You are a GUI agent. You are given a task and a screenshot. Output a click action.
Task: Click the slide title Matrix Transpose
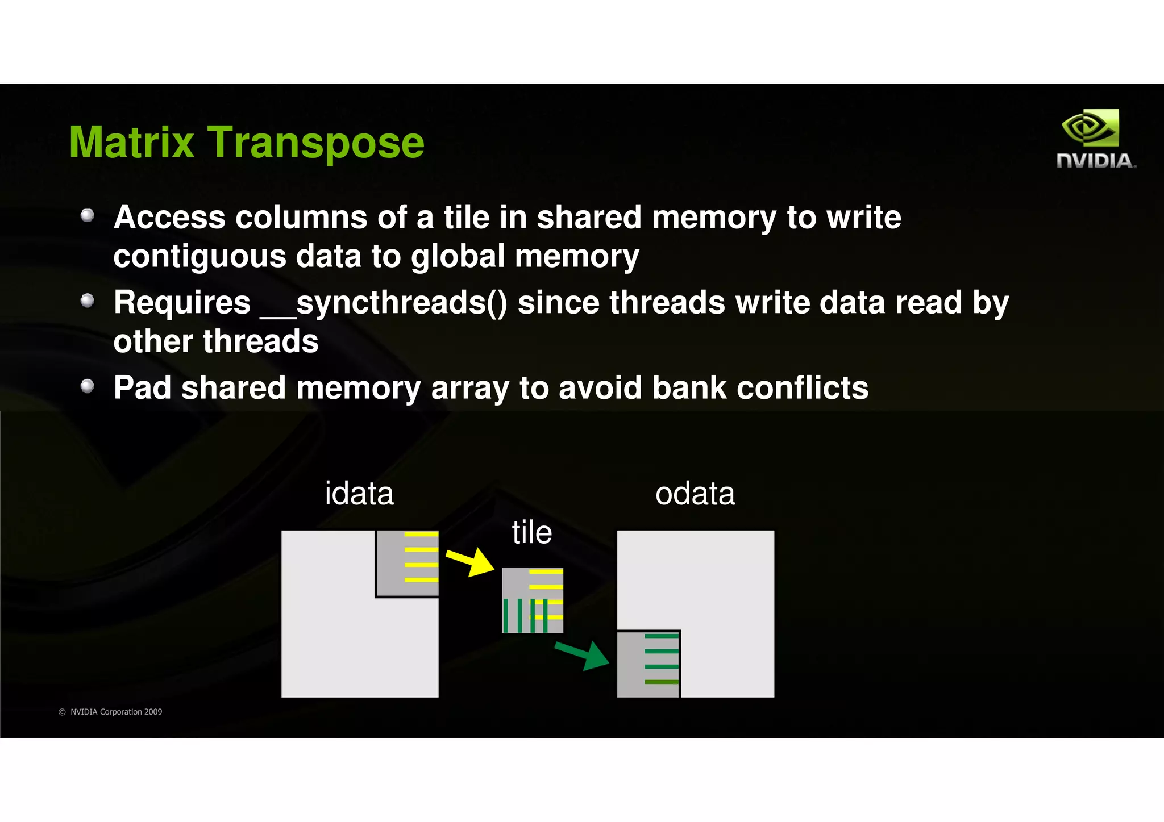click(247, 142)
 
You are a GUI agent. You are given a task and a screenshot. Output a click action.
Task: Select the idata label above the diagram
click(359, 493)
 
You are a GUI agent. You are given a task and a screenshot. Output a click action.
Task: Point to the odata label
click(695, 493)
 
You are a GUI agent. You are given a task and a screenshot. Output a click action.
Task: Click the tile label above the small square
click(531, 532)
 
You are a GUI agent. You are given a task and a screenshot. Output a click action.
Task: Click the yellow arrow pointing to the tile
click(470, 562)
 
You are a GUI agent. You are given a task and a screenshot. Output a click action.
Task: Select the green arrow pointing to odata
click(582, 655)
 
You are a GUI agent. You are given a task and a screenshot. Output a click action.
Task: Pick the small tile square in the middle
click(533, 600)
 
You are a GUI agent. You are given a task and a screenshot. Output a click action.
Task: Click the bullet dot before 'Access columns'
click(87, 215)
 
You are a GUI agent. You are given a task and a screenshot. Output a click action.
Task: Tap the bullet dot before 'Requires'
click(87, 301)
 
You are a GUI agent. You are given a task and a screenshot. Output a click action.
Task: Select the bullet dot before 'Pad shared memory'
click(87, 386)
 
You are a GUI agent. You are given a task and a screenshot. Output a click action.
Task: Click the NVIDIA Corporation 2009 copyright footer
click(110, 712)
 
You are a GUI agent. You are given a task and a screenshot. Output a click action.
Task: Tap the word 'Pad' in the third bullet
click(142, 388)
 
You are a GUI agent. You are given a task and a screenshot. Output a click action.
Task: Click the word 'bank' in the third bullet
click(689, 388)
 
